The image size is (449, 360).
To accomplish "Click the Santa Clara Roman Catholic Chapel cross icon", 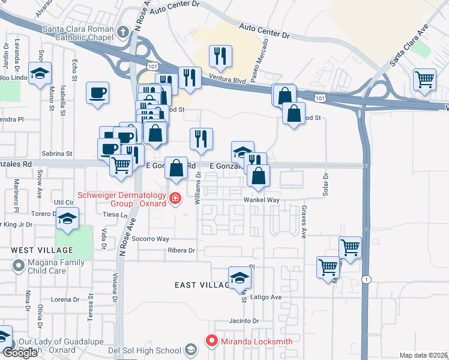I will tap(123, 32).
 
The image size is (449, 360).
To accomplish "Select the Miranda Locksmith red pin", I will tap(211, 341).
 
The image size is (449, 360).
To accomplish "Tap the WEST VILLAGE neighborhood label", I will tap(41, 250).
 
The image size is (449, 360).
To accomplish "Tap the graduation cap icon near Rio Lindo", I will tap(41, 74).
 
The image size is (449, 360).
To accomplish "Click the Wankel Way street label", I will tap(262, 200).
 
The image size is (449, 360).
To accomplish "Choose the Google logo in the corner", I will tap(20, 353).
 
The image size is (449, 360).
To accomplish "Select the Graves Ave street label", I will tap(304, 223).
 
